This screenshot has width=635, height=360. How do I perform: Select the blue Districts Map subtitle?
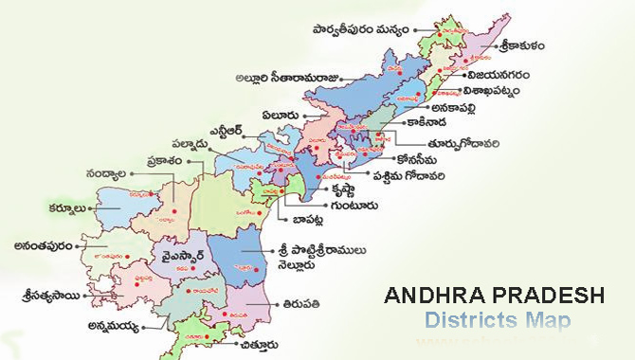tap(497, 321)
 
